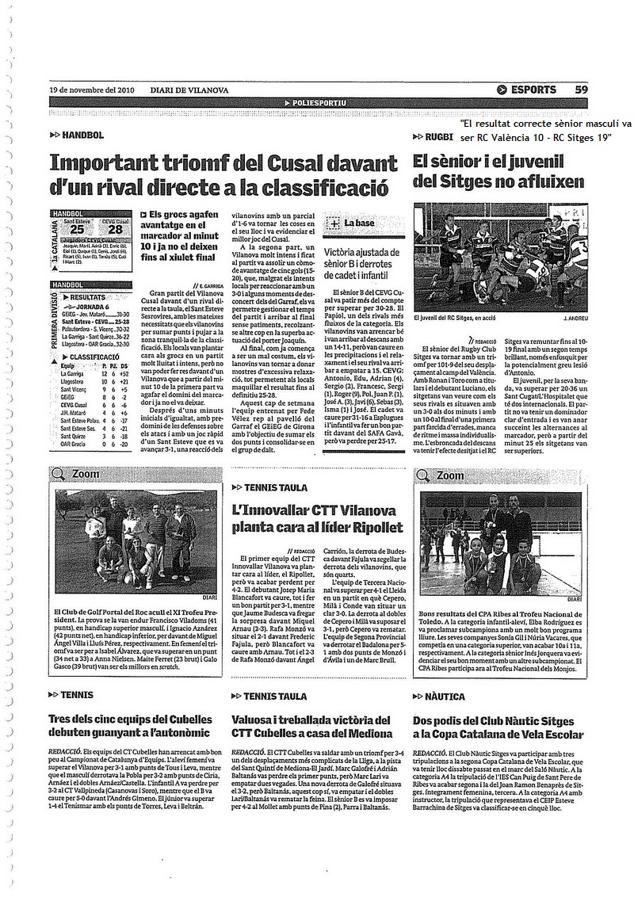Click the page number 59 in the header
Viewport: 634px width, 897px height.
(x=581, y=90)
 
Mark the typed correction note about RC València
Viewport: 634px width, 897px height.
(x=545, y=130)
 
